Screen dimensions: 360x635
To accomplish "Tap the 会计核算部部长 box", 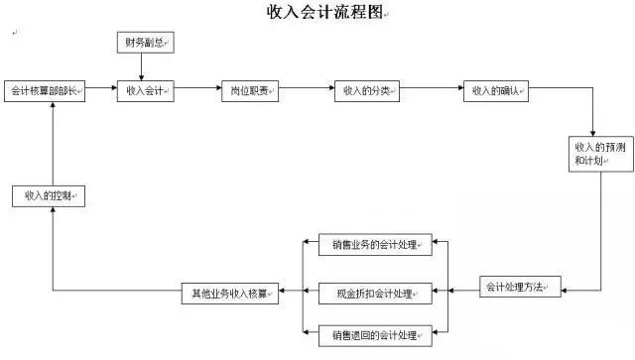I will tap(45, 91).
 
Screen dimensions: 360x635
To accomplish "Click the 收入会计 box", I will tap(145, 91).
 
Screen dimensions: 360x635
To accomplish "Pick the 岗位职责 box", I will tap(249, 91).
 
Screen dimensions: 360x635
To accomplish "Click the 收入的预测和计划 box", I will tap(593, 154).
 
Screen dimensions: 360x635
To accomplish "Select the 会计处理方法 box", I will tap(521, 288).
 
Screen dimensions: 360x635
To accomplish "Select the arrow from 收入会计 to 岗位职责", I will tap(196, 91).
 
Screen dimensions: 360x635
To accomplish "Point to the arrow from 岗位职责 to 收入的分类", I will tap(307, 91).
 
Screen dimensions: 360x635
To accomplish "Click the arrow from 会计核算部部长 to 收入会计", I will tap(100, 91).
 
